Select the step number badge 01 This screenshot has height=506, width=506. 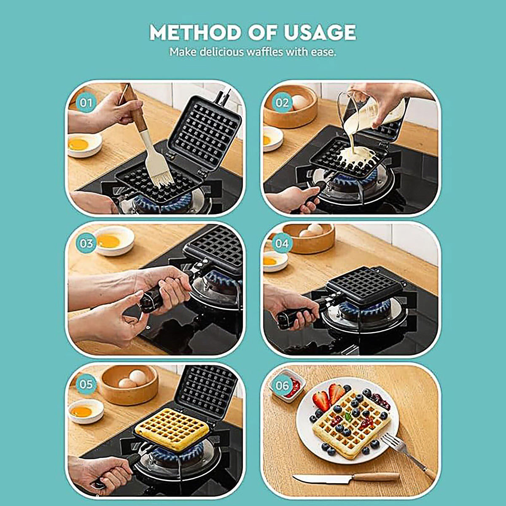point(86,103)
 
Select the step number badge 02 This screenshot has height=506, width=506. point(282,103)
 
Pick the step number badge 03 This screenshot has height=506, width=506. point(86,243)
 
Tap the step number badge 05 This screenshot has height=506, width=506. point(86,384)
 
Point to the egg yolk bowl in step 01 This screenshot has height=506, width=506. point(83,145)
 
